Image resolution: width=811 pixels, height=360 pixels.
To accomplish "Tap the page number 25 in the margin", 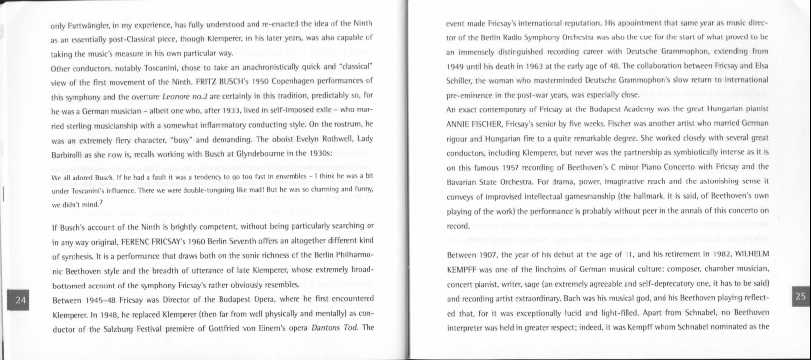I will coord(800,296).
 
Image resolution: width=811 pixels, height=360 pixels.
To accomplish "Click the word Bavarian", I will coord(461,182).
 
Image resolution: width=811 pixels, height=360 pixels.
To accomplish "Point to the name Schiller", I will coord(458,80).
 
